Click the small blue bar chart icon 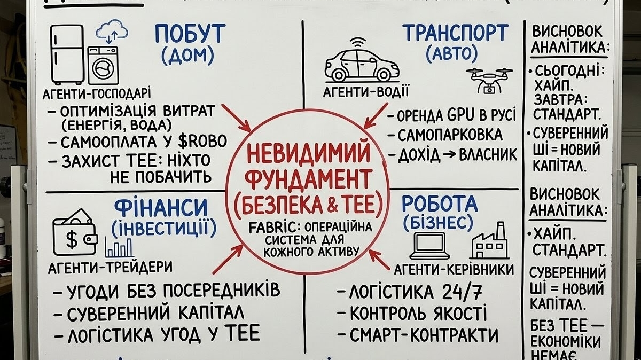coord(119,247)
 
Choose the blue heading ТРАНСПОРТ coord(455,33)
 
